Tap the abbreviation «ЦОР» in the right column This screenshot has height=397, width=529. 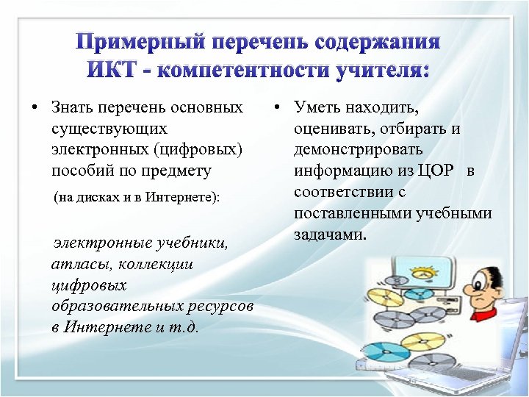pos(436,172)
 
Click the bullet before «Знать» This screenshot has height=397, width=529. pos(35,108)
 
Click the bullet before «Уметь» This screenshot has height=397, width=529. pos(277,108)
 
